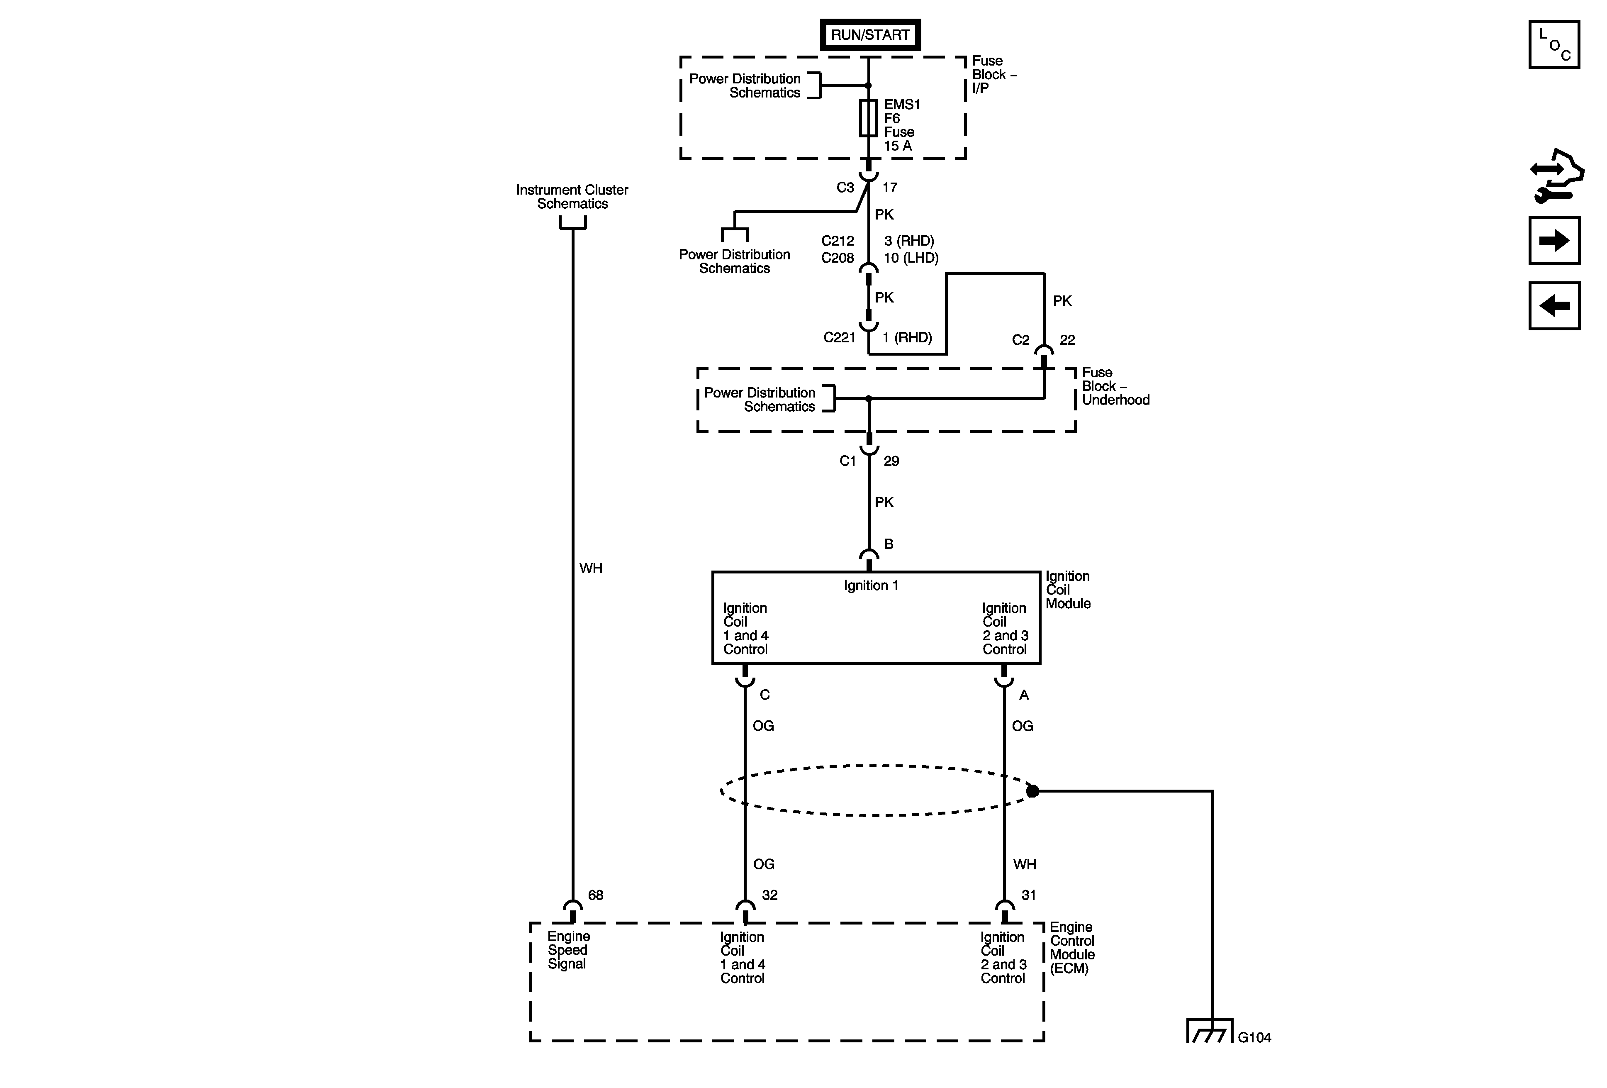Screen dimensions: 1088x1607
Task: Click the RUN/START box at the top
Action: click(x=870, y=34)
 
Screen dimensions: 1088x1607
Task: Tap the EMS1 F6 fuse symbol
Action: click(x=869, y=117)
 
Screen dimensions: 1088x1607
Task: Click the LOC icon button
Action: click(x=1554, y=45)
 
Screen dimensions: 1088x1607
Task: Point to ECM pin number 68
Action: click(x=595, y=895)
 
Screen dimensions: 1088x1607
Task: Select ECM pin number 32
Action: click(x=769, y=895)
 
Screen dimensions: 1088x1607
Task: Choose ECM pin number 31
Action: click(x=1029, y=895)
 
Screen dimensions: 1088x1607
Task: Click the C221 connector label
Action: click(x=840, y=337)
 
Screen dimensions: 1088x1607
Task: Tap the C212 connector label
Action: click(x=838, y=241)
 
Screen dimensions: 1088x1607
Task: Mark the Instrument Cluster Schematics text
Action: click(x=572, y=196)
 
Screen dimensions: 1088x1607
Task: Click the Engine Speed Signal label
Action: click(x=568, y=950)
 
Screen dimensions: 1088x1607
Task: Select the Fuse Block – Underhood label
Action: click(x=1115, y=386)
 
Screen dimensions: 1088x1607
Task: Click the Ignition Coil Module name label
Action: click(x=1068, y=590)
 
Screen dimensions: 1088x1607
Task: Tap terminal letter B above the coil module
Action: click(x=889, y=544)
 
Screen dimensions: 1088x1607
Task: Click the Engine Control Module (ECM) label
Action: click(x=1072, y=948)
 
